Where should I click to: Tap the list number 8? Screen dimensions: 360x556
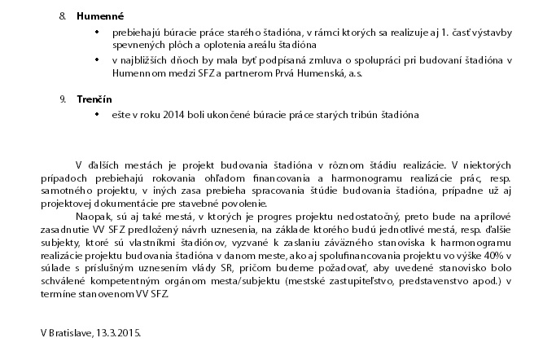point(63,15)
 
